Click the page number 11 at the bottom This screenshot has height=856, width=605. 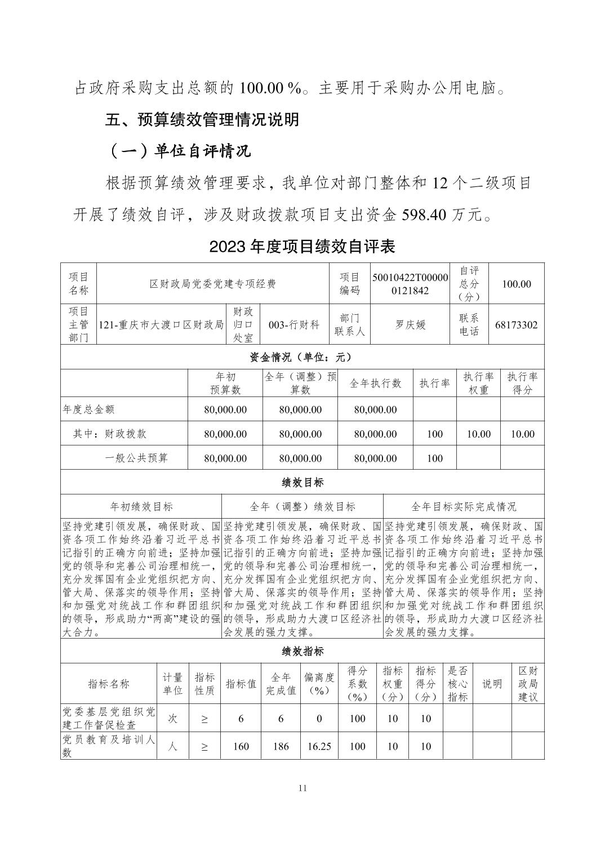pyautogui.click(x=302, y=788)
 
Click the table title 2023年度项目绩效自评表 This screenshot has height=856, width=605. pyautogui.click(x=302, y=247)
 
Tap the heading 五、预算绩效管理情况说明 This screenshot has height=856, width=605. pyautogui.click(x=202, y=119)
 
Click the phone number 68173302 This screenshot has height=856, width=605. pyautogui.click(x=516, y=325)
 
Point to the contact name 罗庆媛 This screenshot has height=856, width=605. pyautogui.click(x=410, y=325)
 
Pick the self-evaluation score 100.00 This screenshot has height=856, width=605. pyautogui.click(x=516, y=284)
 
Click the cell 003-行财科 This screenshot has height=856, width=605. pyautogui.click(x=294, y=325)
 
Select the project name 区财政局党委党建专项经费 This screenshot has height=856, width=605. pyautogui.click(x=212, y=284)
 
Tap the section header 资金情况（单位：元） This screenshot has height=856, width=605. pyautogui.click(x=302, y=357)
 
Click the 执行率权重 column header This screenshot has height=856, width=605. pyautogui.click(x=478, y=383)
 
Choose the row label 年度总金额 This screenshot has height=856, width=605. pyautogui.click(x=88, y=409)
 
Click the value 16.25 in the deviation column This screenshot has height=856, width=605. pyautogui.click(x=319, y=746)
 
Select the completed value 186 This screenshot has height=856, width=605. pyautogui.click(x=281, y=746)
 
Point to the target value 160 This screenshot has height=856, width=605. pyautogui.click(x=241, y=746)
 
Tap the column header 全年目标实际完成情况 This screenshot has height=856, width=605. pyautogui.click(x=464, y=507)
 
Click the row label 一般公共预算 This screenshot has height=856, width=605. pyautogui.click(x=136, y=458)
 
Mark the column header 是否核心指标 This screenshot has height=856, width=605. pyautogui.click(x=457, y=684)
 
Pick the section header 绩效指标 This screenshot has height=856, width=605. pyautogui.click(x=302, y=652)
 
